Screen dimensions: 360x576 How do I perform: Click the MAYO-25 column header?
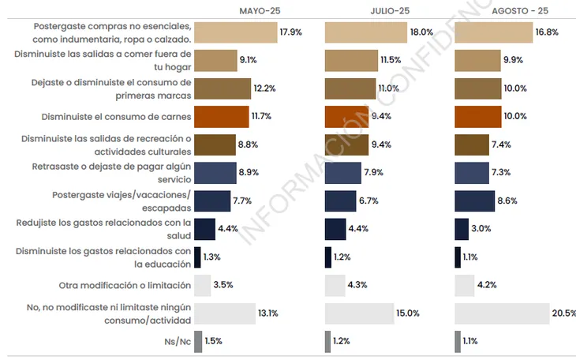click(260, 11)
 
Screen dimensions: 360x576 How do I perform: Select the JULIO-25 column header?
click(390, 11)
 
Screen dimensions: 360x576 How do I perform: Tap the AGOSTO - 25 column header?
click(520, 11)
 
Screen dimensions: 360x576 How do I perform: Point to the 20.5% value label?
click(563, 313)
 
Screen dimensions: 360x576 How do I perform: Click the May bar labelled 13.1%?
click(225, 313)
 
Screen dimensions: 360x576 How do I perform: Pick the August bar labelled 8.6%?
click(475, 201)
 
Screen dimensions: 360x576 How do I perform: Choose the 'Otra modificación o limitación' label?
click(125, 285)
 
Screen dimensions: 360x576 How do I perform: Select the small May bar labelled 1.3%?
click(196, 257)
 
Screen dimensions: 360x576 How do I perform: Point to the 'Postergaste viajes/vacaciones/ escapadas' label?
click(121, 201)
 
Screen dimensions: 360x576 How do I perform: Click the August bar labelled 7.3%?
click(472, 173)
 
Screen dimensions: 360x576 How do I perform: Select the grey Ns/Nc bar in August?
click(458, 341)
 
